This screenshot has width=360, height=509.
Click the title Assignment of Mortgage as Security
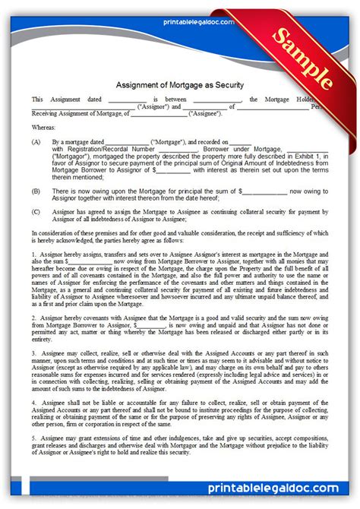(179, 85)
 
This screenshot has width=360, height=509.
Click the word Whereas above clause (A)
(44, 128)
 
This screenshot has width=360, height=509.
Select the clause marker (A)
(36, 142)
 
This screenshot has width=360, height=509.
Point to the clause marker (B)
(36, 192)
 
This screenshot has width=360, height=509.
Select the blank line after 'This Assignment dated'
(127, 100)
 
